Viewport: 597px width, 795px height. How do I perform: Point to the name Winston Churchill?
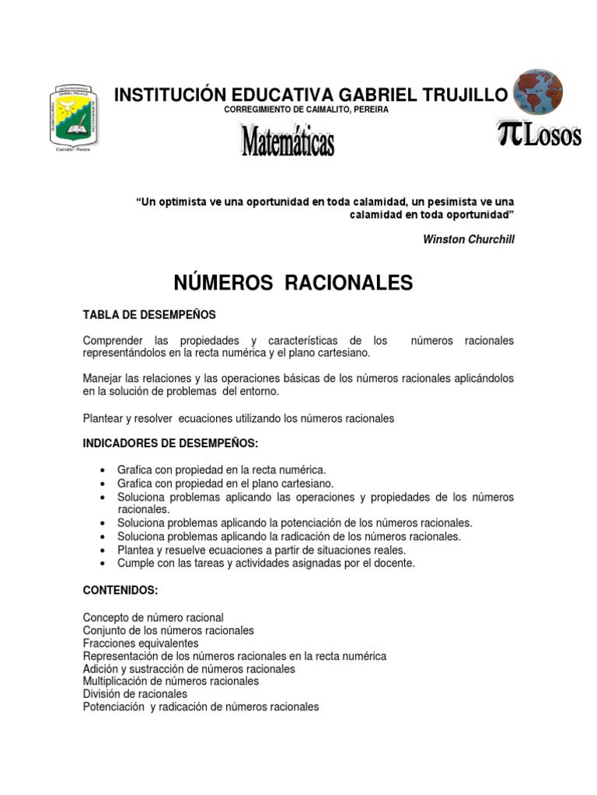[x=468, y=239]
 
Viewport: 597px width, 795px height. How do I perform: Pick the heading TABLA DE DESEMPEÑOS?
[x=149, y=314]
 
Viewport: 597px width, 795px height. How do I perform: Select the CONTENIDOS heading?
[x=120, y=590]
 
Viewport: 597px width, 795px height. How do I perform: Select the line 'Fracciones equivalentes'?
[x=141, y=644]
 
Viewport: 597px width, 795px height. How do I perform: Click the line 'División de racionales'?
[x=135, y=694]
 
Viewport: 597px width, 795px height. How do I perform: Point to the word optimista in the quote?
[x=184, y=202]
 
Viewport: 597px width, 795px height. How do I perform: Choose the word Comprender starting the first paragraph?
[x=112, y=341]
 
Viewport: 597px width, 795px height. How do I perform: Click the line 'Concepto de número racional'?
[x=153, y=617]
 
